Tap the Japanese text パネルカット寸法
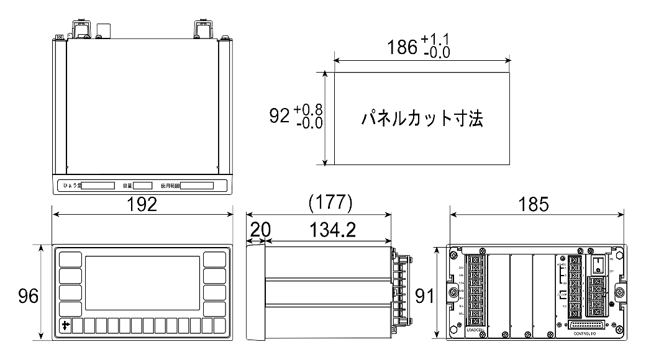coord(422,119)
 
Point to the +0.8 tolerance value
coord(307,110)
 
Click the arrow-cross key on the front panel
coord(66,325)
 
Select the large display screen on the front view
coord(142,283)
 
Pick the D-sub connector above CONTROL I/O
coord(587,325)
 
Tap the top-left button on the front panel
coord(70,258)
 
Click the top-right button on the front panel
coord(214,258)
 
